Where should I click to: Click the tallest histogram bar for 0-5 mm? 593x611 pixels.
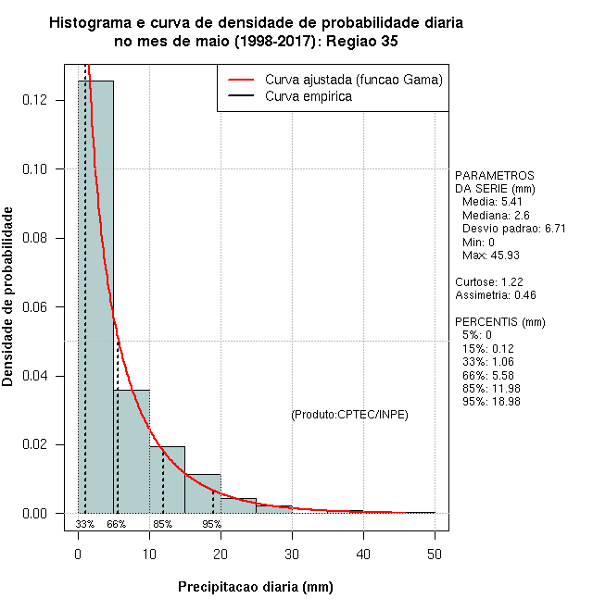pyautogui.click(x=95, y=296)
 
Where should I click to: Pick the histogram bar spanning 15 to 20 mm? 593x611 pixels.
pyautogui.click(x=202, y=493)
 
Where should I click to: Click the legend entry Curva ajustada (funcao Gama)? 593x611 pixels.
pyautogui.click(x=353, y=81)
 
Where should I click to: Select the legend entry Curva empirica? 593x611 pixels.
pyautogui.click(x=308, y=96)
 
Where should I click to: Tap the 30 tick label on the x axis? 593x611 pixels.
pyautogui.click(x=292, y=554)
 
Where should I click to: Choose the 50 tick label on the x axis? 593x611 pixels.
pyautogui.click(x=435, y=554)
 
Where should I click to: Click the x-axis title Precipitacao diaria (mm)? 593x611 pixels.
pyautogui.click(x=255, y=587)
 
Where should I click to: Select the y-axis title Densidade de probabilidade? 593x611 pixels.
pyautogui.click(x=8, y=297)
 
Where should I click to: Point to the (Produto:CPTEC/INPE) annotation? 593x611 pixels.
pyautogui.click(x=349, y=414)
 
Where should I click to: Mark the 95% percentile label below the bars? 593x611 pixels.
pyautogui.click(x=212, y=524)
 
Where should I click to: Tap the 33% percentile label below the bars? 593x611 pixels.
pyautogui.click(x=85, y=524)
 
